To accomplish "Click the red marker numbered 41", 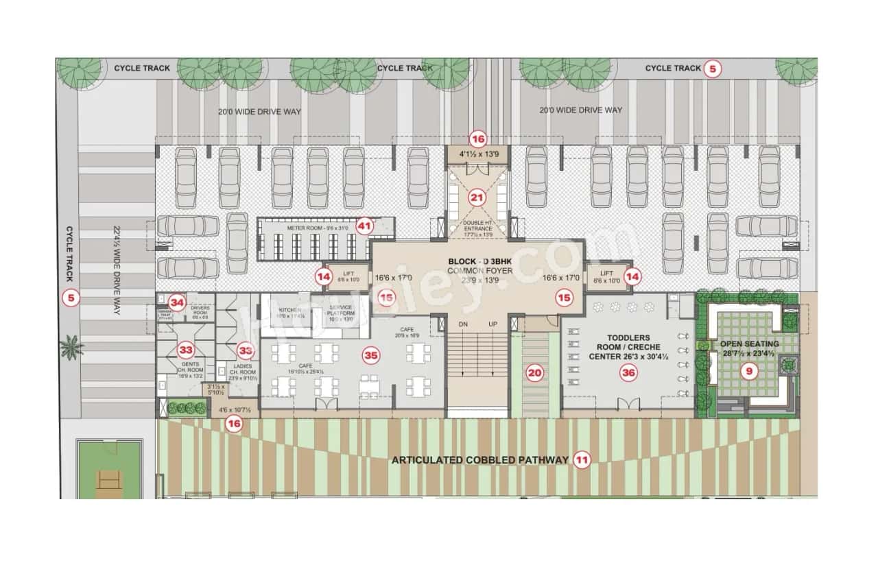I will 364,225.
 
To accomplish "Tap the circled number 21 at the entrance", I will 477,197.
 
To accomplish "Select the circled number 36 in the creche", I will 628,372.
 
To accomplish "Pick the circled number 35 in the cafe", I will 371,355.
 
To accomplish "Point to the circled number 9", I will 750,372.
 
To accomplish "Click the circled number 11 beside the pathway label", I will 582,460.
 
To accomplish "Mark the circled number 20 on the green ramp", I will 535,373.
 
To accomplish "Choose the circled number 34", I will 178,302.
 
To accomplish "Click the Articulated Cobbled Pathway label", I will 479,460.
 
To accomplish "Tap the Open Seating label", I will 750,344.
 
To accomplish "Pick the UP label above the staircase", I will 493,324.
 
